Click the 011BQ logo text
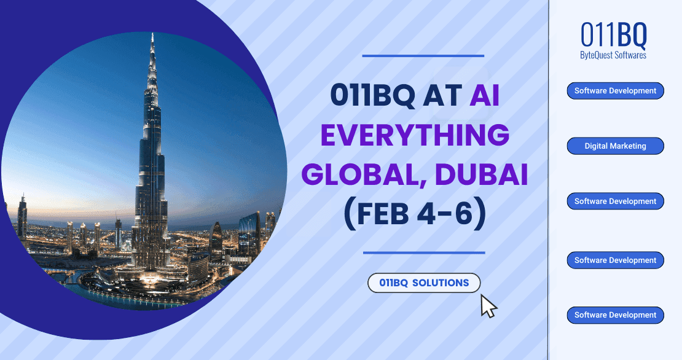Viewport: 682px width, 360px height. coord(614,36)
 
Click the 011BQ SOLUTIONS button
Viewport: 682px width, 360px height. coord(424,283)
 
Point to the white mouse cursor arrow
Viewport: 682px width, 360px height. coord(487,306)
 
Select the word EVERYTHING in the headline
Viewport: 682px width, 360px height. coord(415,135)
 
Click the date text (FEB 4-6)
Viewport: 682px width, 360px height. coord(415,215)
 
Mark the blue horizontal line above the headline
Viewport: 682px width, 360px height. coord(423,56)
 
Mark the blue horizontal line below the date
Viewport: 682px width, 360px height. coord(424,252)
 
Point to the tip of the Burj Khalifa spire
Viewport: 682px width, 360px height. coord(152,34)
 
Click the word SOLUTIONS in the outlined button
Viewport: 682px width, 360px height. coord(440,283)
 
